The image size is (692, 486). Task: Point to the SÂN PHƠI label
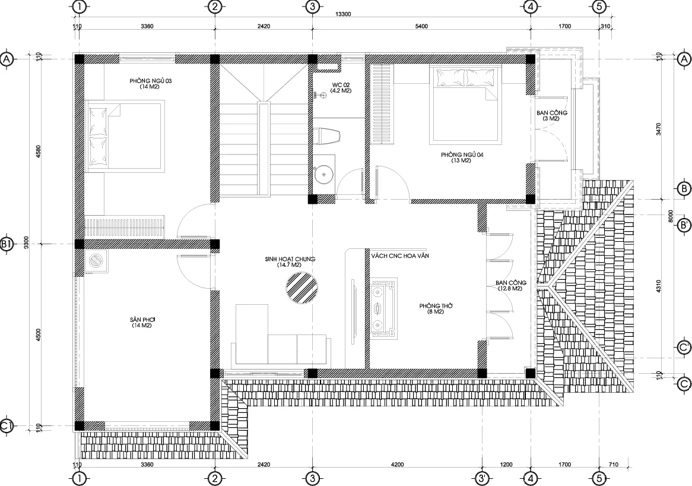(x=141, y=322)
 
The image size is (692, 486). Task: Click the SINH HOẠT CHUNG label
(x=290, y=262)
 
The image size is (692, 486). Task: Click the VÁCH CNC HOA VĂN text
(x=400, y=256)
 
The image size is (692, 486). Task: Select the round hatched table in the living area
(x=302, y=288)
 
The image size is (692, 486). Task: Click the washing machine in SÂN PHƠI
(x=96, y=261)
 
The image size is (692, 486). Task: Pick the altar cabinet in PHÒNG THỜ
(x=383, y=308)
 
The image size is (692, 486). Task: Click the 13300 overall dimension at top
(x=343, y=14)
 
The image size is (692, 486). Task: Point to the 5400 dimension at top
(x=421, y=27)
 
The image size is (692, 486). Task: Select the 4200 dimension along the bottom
(x=397, y=465)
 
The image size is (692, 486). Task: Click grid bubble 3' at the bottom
(x=483, y=478)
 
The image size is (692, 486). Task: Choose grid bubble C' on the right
(x=684, y=348)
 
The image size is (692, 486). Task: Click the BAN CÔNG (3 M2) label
(x=552, y=116)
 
